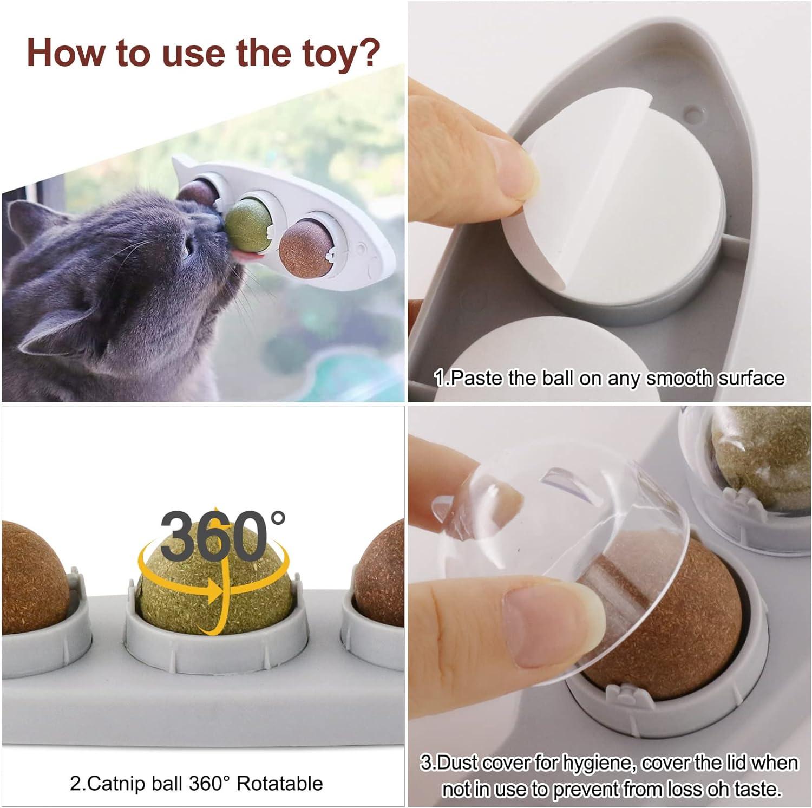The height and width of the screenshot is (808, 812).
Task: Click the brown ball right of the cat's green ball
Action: tap(305, 249)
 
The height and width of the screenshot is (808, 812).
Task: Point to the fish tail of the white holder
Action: tap(184, 163)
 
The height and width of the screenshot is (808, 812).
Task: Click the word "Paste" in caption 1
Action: tap(476, 378)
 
